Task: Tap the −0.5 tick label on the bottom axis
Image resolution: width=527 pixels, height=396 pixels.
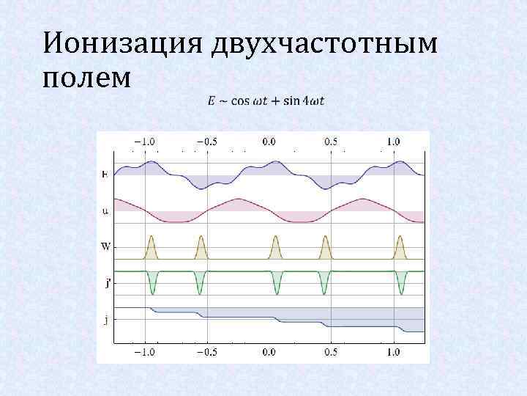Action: point(206,351)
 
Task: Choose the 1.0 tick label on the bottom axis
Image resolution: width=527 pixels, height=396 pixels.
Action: point(394,351)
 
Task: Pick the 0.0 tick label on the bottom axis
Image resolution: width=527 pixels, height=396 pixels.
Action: point(269,351)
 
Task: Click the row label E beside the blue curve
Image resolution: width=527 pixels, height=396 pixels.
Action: point(105,175)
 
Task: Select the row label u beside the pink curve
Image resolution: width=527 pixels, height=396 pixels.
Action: point(105,211)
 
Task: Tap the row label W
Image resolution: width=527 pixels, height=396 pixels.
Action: point(105,246)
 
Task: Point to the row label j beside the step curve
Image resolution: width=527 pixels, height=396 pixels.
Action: point(107,319)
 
